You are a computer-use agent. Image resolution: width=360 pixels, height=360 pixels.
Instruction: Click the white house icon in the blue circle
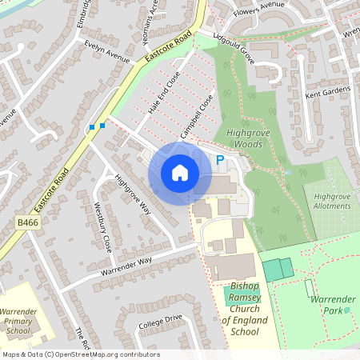coord(180,172)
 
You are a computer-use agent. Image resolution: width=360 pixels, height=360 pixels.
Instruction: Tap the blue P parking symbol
coord(220,161)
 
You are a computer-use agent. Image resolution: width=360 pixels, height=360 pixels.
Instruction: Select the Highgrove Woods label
coord(243,138)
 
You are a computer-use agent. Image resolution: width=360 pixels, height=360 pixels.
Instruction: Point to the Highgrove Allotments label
coord(332,201)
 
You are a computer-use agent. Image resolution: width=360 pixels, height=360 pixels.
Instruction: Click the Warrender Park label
coord(334,304)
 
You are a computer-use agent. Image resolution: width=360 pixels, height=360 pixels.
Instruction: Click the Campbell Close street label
coord(196,117)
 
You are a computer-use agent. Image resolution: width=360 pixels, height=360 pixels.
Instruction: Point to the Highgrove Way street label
coord(133,194)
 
